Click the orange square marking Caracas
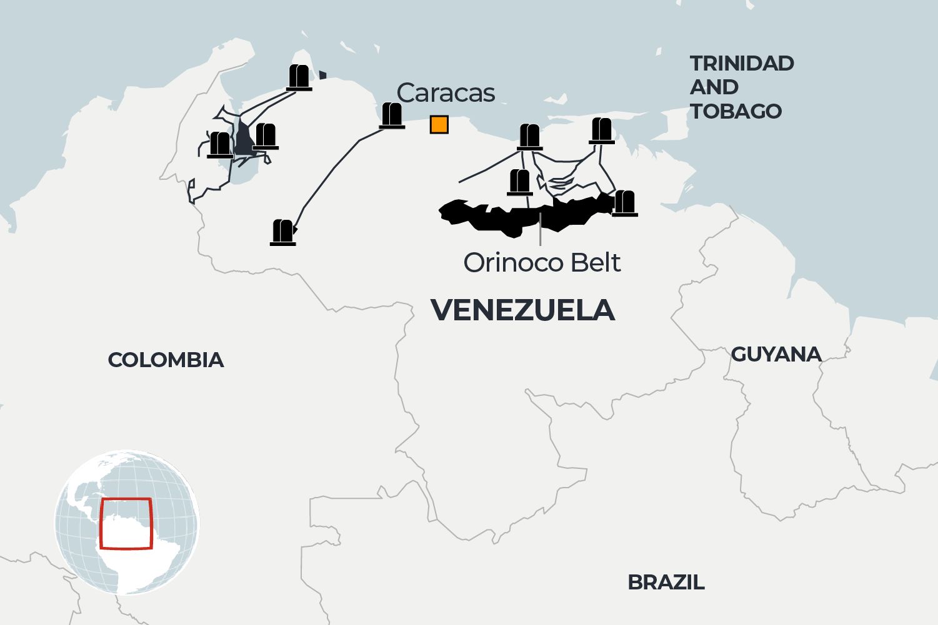[439, 125]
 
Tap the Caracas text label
[446, 93]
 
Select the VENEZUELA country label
[522, 310]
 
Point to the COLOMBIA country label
[166, 360]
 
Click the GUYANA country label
[776, 354]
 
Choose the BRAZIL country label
[666, 583]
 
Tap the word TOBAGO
[736, 111]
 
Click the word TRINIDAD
[742, 63]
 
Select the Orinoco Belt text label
[542, 263]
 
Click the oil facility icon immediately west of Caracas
[392, 116]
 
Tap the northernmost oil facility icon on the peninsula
[299, 77]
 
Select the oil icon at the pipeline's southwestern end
[282, 232]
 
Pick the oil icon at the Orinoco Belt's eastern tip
[624, 204]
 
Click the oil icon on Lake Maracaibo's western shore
[219, 145]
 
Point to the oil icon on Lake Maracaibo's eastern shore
[266, 136]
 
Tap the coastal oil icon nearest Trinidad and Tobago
[601, 130]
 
